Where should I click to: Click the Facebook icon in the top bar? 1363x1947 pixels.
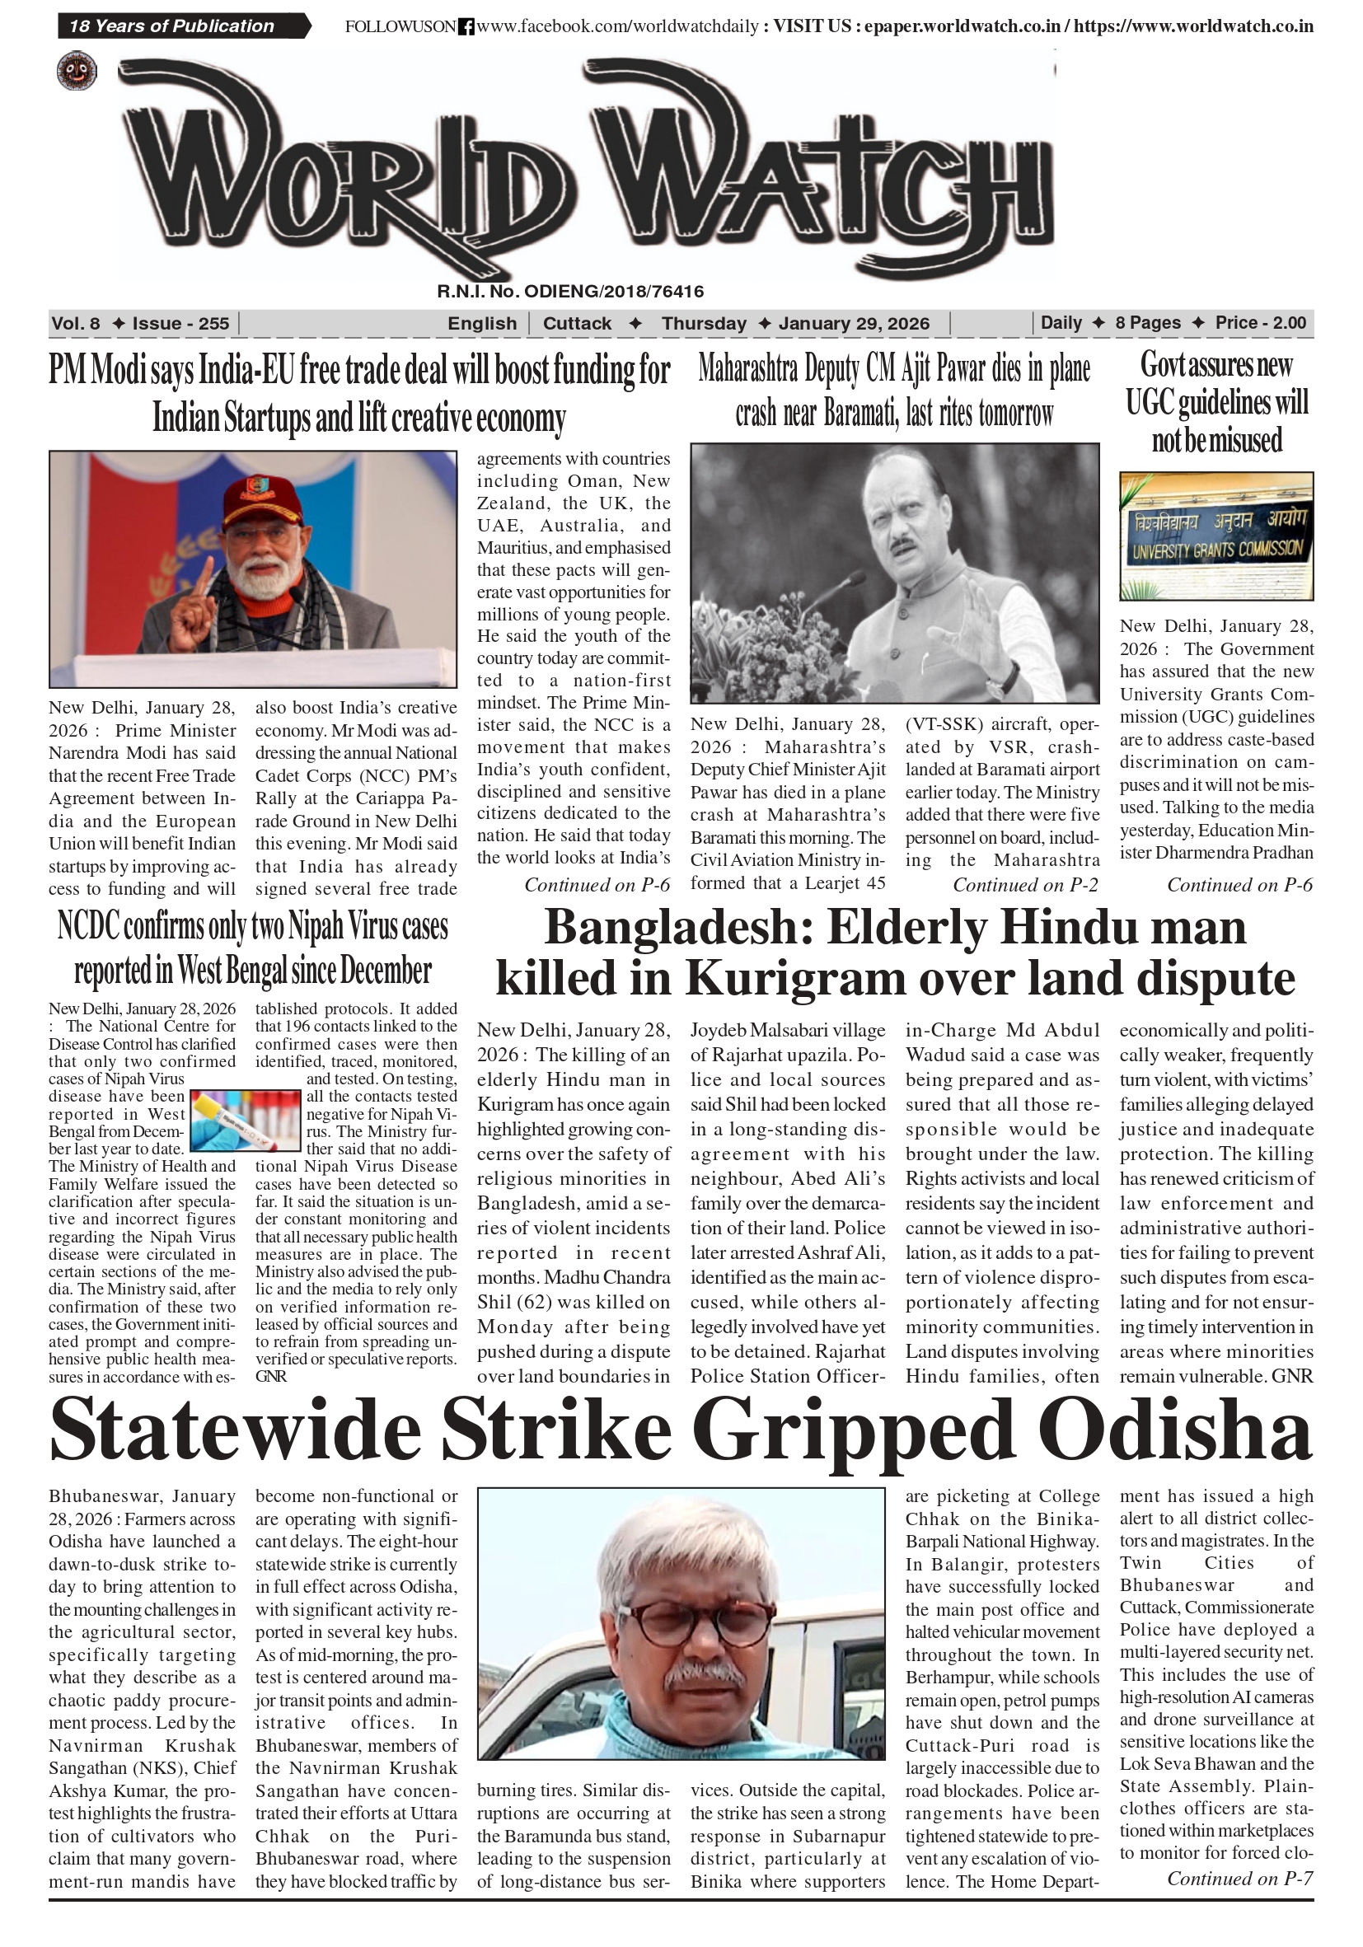(466, 27)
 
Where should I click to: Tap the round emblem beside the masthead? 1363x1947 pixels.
(77, 71)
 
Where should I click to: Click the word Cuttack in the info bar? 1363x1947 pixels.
(577, 323)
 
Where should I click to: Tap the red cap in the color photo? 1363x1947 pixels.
(262, 500)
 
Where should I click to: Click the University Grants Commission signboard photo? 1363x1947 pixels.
(1215, 536)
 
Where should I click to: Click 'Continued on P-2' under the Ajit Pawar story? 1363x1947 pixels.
(1024, 885)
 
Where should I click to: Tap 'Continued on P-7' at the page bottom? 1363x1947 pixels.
(1239, 1879)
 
